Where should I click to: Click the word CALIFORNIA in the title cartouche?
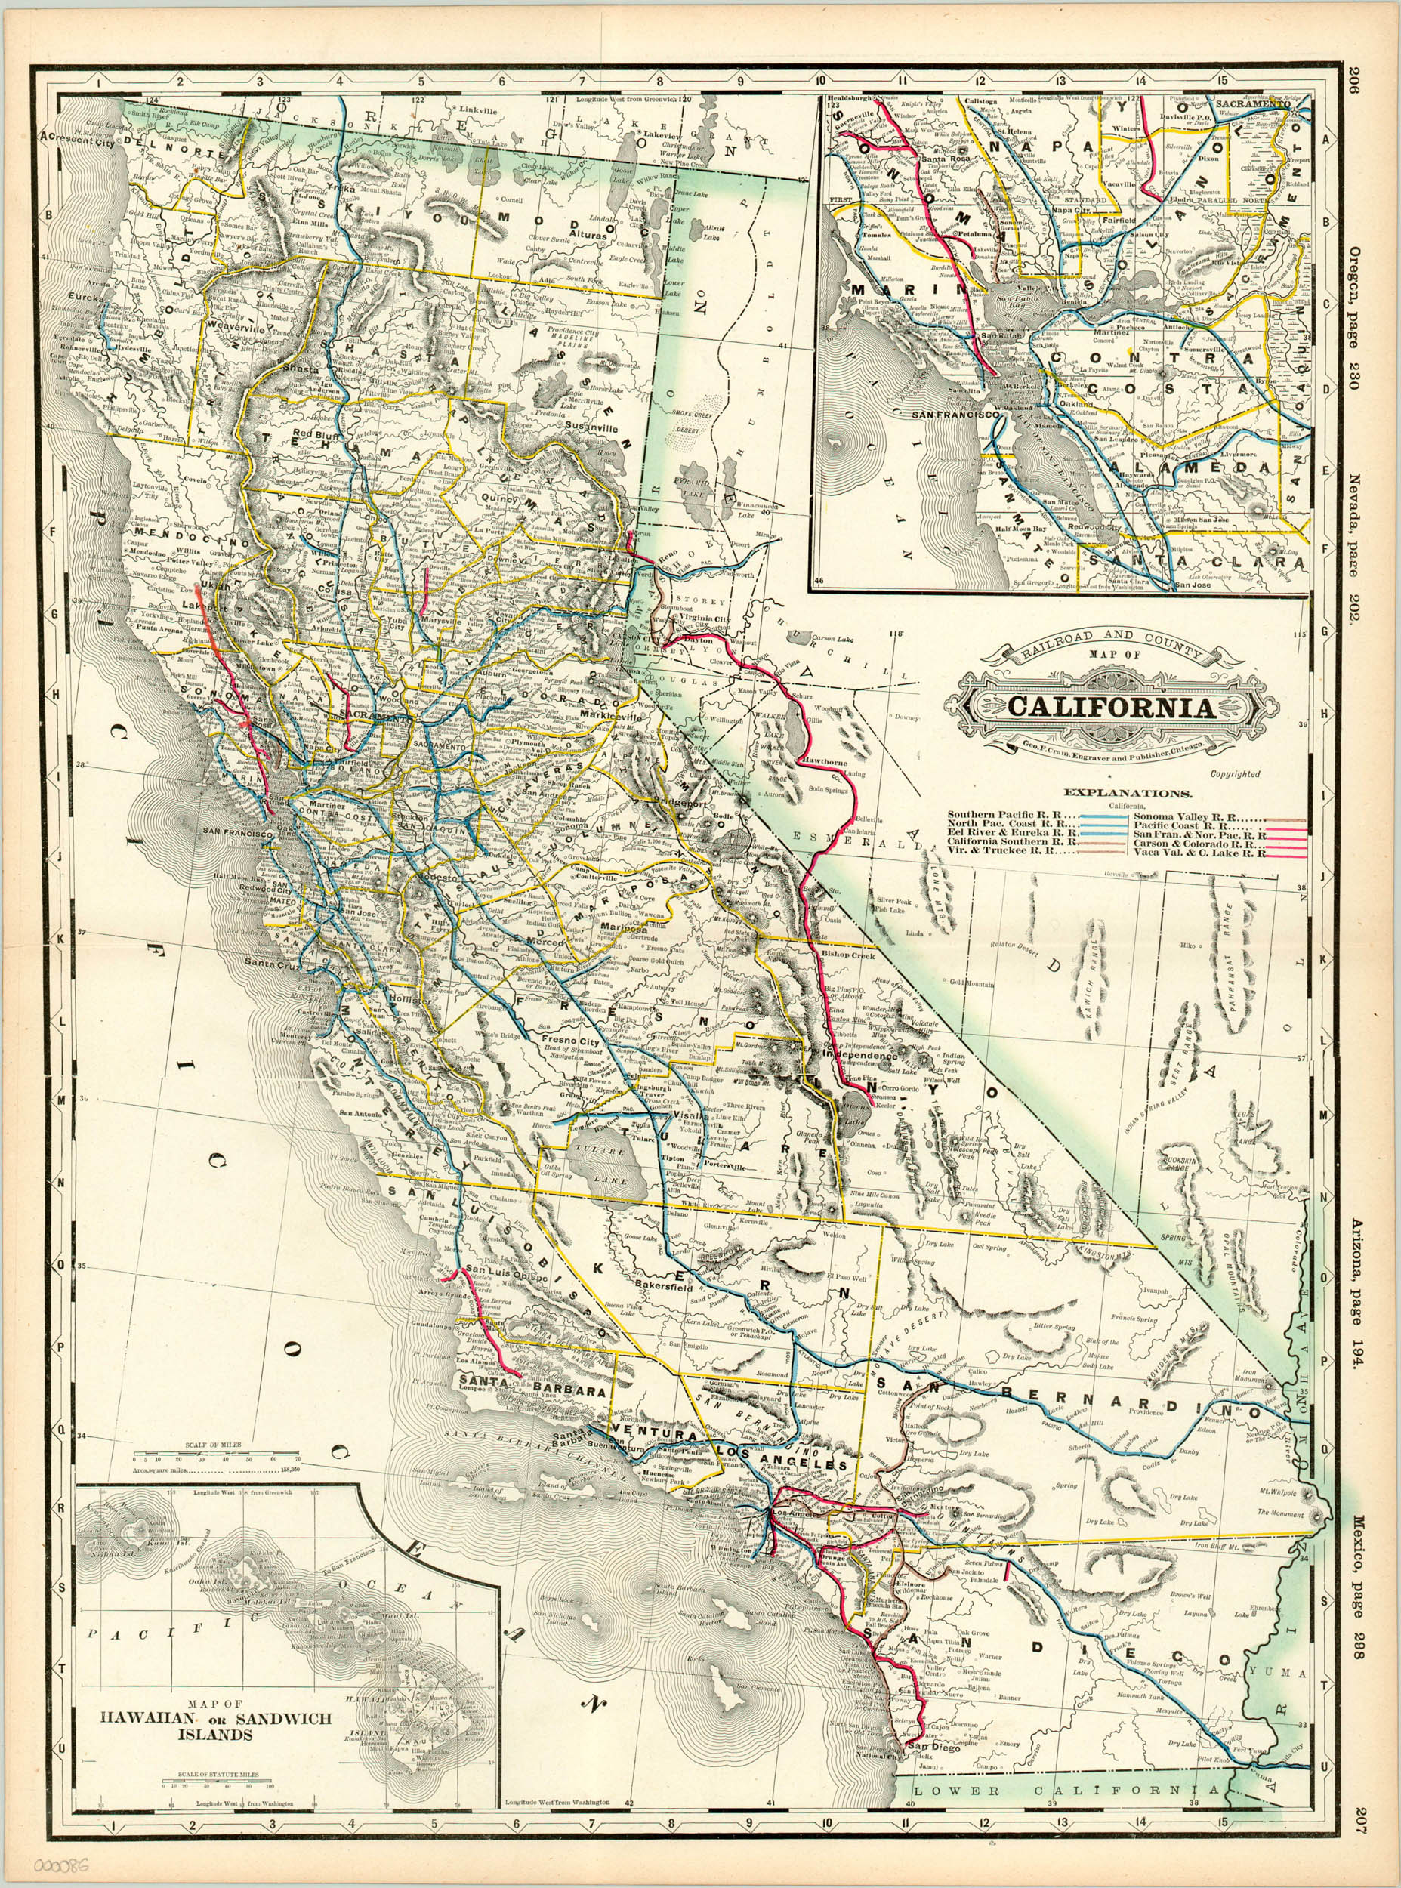pyautogui.click(x=1111, y=707)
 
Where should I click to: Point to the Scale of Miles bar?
pyautogui.click(x=212, y=1459)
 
